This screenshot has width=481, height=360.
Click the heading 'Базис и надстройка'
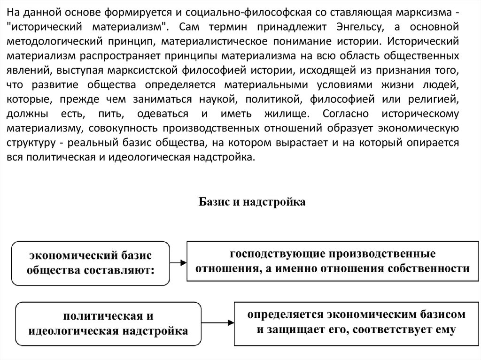click(x=252, y=202)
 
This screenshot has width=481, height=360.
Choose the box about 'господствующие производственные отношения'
click(x=332, y=261)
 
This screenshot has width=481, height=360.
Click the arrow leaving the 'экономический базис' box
click(x=178, y=263)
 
